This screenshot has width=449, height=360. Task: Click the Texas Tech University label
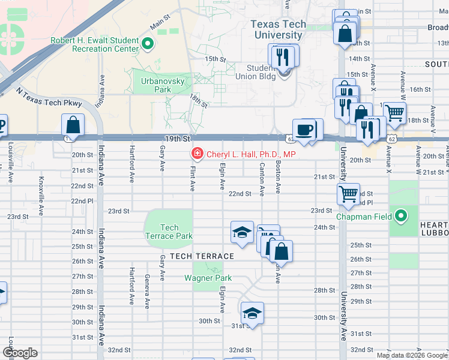click(278, 30)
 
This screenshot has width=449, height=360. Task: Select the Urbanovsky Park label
click(156, 85)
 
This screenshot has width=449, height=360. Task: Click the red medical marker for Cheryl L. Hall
click(196, 154)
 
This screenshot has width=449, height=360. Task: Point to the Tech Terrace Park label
click(169, 232)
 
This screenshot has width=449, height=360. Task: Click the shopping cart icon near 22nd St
click(348, 194)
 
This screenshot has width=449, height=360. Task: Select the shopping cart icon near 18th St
click(394, 112)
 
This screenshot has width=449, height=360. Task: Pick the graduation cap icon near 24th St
click(242, 232)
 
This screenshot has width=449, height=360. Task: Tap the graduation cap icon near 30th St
click(253, 313)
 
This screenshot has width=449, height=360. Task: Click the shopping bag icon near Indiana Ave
click(73, 125)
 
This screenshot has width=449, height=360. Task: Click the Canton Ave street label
click(262, 178)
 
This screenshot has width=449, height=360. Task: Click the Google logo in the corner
click(20, 352)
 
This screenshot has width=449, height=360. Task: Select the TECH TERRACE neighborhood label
click(202, 256)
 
